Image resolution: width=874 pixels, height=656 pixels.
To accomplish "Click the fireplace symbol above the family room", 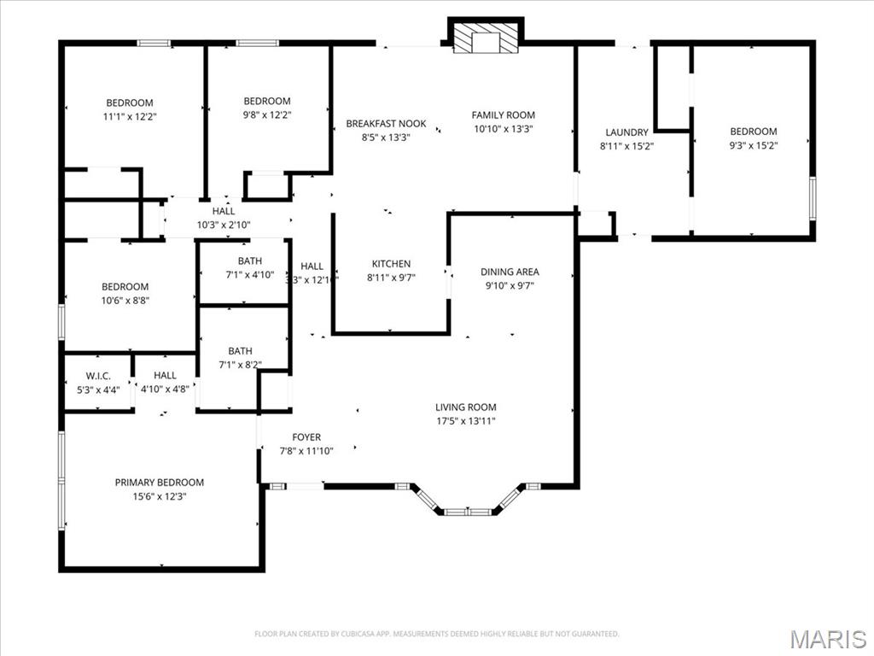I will (486, 38).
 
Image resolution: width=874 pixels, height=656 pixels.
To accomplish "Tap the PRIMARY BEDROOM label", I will (160, 483).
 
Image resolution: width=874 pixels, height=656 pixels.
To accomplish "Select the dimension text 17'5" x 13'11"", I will (465, 421).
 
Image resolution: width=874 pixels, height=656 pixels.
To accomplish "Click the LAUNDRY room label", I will (627, 132).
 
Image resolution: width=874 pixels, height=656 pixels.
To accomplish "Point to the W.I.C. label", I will (98, 376).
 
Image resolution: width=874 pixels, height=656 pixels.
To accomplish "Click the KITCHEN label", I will (391, 264).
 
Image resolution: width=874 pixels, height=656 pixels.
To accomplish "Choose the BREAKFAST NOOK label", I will (386, 124).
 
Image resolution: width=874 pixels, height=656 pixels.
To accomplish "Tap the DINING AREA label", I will (510, 272).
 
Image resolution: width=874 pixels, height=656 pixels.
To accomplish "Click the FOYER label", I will (306, 437).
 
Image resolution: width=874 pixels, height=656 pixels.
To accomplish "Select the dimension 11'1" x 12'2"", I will (130, 116).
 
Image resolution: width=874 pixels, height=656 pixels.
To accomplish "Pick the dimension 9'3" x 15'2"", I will (753, 145).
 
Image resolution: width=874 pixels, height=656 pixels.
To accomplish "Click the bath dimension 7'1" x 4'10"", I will (250, 275).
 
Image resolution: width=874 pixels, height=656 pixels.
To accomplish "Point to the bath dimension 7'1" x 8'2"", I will (240, 365).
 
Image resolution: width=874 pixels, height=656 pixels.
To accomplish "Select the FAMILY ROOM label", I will (504, 115).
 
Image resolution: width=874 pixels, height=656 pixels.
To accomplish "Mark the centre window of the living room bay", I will (468, 512).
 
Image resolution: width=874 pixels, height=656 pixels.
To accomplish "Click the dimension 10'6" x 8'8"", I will (125, 301).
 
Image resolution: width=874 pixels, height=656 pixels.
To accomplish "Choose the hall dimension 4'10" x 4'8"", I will (165, 389).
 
